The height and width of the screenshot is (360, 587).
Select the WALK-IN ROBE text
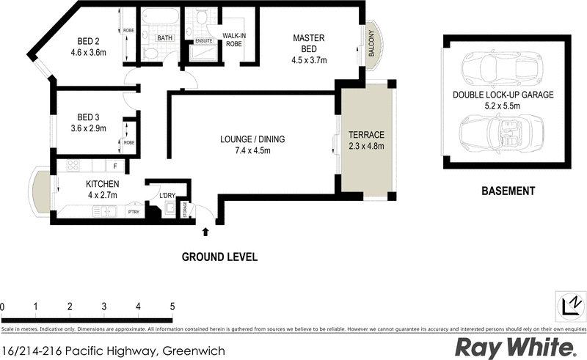[x=233, y=39]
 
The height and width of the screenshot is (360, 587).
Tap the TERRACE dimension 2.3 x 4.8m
[x=366, y=147]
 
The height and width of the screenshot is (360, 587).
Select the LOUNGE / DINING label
[x=252, y=139]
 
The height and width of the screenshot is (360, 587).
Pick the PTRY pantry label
[x=133, y=212]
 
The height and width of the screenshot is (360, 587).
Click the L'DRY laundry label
[x=167, y=195]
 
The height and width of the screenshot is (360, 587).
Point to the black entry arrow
[x=205, y=232]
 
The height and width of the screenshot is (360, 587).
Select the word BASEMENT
[x=508, y=191]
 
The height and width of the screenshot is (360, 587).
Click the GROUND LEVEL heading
[x=219, y=257]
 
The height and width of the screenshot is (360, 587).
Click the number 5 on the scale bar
[x=172, y=306]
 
